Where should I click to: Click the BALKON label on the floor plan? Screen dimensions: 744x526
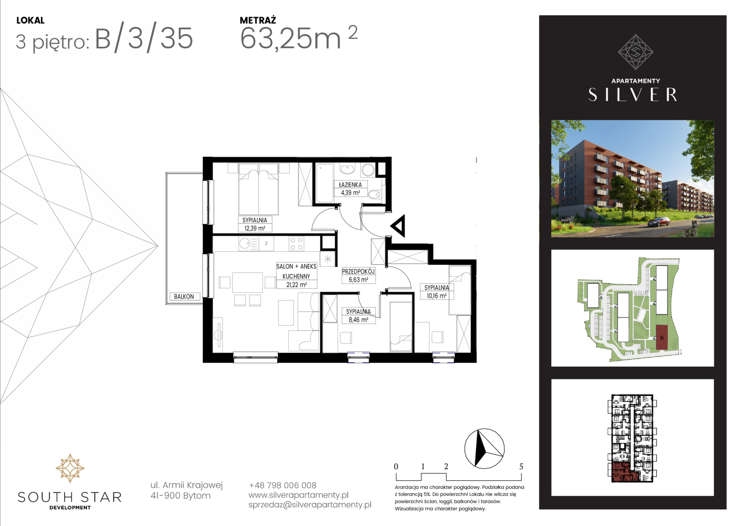point(184,297)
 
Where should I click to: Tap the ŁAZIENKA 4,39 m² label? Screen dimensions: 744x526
point(351,188)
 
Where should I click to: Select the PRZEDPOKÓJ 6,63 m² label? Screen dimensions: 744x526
point(358,276)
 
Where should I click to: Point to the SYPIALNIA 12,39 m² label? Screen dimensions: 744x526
point(255,224)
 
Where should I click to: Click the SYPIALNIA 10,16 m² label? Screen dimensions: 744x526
point(436,291)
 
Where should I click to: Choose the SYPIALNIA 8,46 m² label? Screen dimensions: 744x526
point(358,316)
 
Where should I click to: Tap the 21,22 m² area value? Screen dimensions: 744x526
point(296,284)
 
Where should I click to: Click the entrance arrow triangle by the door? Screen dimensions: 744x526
point(398,226)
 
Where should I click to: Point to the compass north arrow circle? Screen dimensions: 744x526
point(484,448)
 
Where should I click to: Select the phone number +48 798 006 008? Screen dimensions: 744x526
point(282,485)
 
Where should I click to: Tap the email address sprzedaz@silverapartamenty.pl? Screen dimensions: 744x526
point(310,505)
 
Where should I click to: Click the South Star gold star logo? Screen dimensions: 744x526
point(70,468)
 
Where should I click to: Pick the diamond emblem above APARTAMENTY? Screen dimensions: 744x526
point(635,52)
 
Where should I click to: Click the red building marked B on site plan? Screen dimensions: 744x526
point(662,338)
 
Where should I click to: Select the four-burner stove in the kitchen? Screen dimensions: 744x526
point(297,243)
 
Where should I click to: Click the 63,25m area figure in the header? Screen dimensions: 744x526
point(291,39)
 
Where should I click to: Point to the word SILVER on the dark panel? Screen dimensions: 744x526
point(632,94)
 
